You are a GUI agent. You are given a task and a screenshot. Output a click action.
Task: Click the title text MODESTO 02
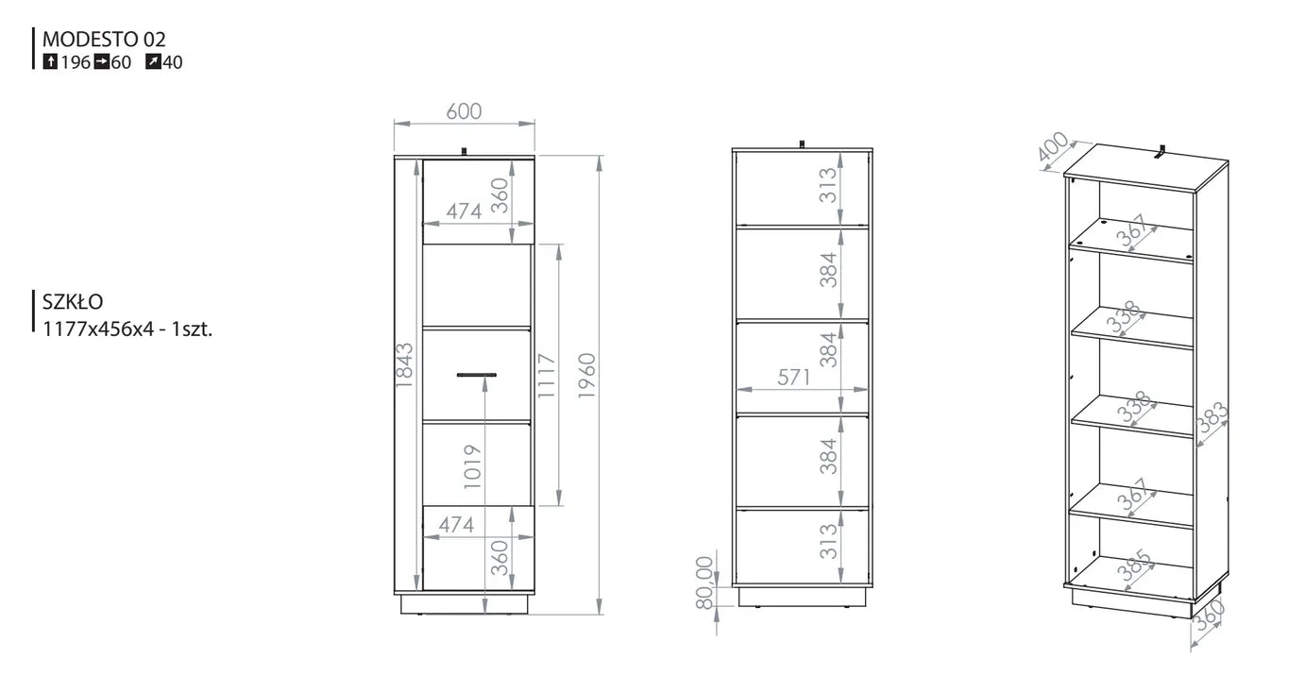(x=104, y=39)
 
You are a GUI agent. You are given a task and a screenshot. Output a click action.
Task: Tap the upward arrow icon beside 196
(x=50, y=61)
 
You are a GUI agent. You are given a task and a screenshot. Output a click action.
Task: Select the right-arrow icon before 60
(x=101, y=61)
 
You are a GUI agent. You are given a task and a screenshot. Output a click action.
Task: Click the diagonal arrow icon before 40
(x=153, y=61)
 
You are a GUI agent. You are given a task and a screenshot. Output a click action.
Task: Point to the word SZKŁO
(x=73, y=302)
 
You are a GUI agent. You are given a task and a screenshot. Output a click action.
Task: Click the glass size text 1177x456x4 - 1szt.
(x=127, y=329)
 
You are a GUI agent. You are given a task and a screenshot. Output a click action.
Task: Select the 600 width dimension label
(x=464, y=111)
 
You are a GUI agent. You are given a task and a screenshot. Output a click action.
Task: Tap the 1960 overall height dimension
(x=586, y=376)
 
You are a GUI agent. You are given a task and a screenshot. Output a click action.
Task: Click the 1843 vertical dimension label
(x=404, y=365)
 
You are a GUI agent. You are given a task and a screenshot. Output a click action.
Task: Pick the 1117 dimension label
(x=547, y=376)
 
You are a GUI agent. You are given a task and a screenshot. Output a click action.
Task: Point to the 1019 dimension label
(x=472, y=466)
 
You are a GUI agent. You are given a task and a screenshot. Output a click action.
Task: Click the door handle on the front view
(x=477, y=375)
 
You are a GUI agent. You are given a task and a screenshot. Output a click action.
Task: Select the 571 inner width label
(x=794, y=378)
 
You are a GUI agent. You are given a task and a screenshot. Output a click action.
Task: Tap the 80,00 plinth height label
(x=704, y=582)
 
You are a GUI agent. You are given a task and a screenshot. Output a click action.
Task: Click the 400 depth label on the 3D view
(x=1053, y=146)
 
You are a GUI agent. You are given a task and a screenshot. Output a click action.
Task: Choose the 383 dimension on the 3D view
(x=1212, y=419)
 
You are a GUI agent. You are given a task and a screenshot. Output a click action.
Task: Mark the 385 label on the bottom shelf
(x=1135, y=565)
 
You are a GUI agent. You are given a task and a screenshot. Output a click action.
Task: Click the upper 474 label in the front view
(x=464, y=211)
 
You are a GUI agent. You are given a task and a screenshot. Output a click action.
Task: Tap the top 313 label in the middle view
(x=828, y=185)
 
